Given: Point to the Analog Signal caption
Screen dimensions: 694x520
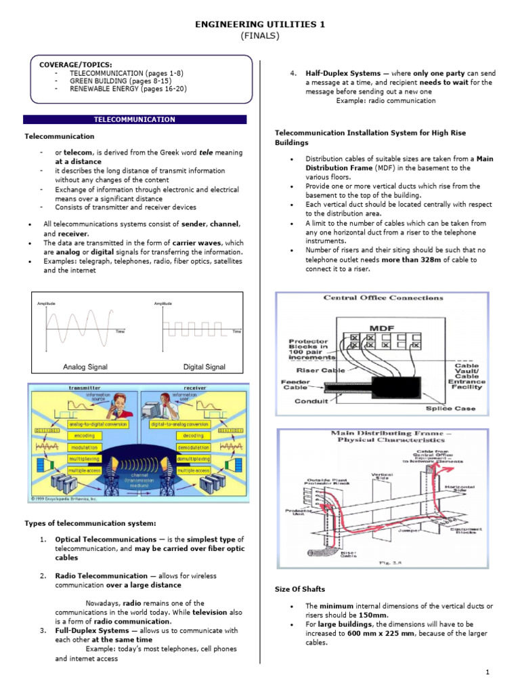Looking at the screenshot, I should (85, 367).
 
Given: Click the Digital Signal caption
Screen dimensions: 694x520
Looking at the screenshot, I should (204, 367).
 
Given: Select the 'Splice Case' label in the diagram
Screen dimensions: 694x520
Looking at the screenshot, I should (450, 409).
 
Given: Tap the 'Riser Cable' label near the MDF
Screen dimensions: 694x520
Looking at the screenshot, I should (320, 371).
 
